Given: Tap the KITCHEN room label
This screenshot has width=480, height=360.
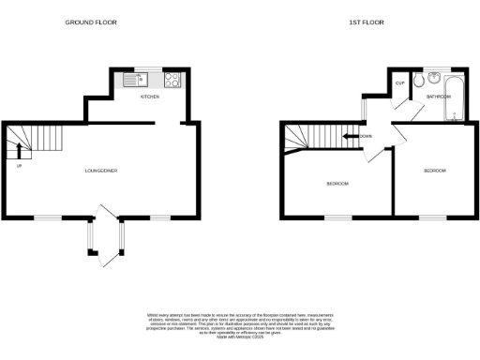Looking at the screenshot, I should (x=150, y=97).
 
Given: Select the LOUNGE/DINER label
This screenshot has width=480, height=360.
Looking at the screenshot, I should (x=100, y=170).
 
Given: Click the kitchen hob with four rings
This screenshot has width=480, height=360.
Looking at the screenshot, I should (x=172, y=80).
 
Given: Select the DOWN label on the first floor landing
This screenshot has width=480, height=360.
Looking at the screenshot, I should (x=365, y=137).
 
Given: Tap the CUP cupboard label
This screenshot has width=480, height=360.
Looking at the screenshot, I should (x=399, y=83).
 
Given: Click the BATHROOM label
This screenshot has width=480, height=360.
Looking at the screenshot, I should (x=438, y=96).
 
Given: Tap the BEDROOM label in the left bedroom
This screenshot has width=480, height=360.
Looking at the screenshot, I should (x=337, y=183).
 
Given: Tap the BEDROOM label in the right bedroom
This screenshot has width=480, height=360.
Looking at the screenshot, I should (x=434, y=171).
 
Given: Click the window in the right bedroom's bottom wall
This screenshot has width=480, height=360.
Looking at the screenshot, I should (x=431, y=218).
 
